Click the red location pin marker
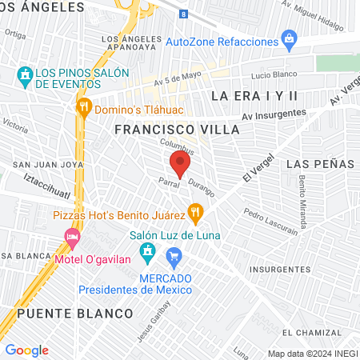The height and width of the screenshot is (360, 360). (x=180, y=166)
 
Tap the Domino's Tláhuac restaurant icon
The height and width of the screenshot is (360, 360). (x=83, y=106)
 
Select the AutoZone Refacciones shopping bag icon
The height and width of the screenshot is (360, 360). (x=290, y=41)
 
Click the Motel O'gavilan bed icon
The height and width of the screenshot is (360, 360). (x=73, y=238)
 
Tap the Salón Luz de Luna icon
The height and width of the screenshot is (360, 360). (x=146, y=254)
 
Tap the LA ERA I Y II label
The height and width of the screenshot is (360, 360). (x=254, y=96)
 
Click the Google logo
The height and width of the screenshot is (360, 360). (x=26, y=350)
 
